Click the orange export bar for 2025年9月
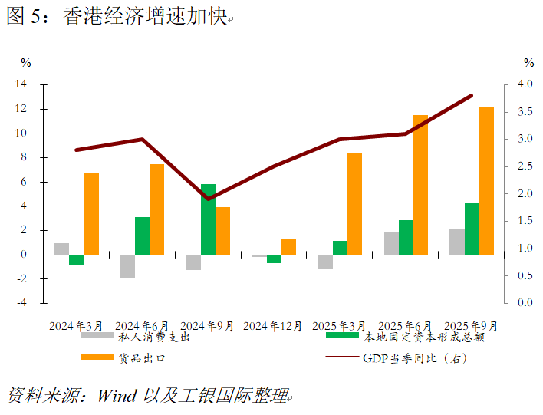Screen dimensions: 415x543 (486, 180)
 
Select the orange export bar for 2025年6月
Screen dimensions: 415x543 (420, 184)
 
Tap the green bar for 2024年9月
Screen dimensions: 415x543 (208, 219)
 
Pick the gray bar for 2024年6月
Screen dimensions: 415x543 (127, 265)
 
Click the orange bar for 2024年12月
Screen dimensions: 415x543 (288, 246)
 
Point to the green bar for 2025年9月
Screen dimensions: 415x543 (472, 228)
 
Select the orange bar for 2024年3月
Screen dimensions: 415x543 (91, 213)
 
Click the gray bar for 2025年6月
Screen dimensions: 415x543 (391, 242)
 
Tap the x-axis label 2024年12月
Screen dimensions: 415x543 (273, 325)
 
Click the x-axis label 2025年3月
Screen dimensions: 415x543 (338, 325)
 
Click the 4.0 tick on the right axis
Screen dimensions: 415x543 (525, 84)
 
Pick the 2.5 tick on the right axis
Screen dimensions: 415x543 (525, 166)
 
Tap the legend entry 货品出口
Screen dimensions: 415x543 (142, 357)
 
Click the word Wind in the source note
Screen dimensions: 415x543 (116, 396)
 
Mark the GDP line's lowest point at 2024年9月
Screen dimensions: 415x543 (209, 199)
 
